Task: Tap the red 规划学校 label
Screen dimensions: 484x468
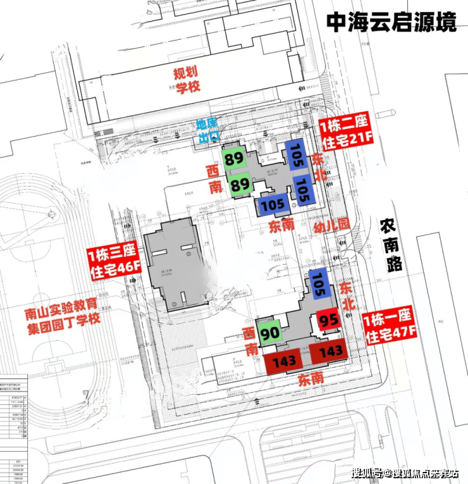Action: [187, 80]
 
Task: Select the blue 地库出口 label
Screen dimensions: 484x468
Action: [207, 128]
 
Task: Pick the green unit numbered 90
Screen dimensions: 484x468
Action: [269, 332]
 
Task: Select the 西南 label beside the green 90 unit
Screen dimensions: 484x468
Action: [250, 340]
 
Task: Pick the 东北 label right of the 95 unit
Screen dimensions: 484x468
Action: [347, 295]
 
